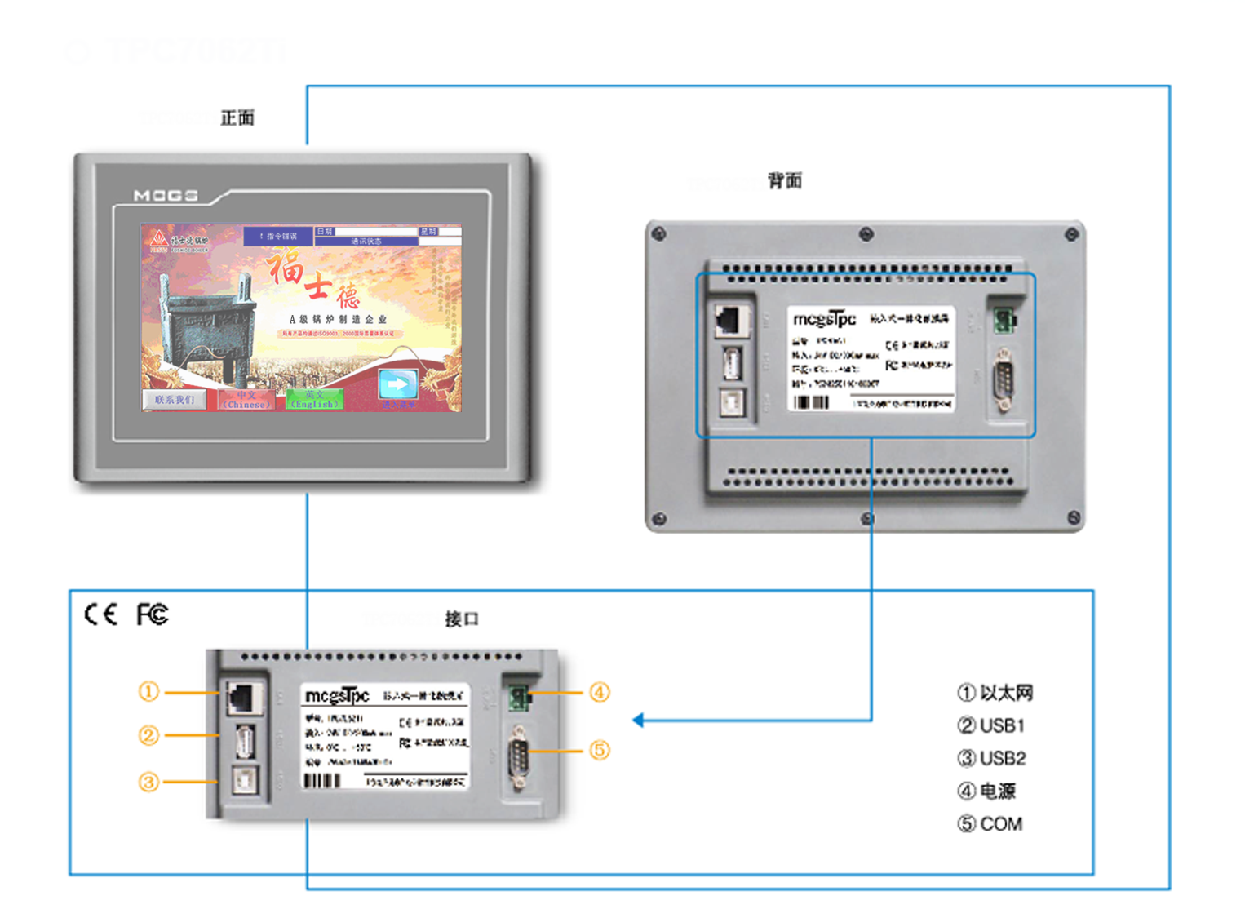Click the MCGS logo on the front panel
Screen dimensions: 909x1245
click(x=166, y=196)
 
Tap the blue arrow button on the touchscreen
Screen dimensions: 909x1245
click(x=398, y=384)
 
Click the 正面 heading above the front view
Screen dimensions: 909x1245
click(x=237, y=118)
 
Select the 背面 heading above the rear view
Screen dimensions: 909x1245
click(x=785, y=181)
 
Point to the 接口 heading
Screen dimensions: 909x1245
click(x=462, y=619)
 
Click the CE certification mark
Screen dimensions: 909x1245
click(x=101, y=614)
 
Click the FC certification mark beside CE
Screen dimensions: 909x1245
click(x=153, y=614)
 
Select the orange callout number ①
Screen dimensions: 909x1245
click(x=148, y=692)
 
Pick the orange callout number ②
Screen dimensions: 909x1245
click(x=148, y=736)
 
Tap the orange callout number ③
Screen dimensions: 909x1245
click(x=148, y=783)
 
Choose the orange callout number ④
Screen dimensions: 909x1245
click(x=600, y=693)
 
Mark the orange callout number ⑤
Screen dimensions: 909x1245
click(x=600, y=750)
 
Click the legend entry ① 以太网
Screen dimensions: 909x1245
click(x=995, y=694)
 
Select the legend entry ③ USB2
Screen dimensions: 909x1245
click(x=992, y=759)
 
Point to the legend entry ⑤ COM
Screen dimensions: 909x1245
click(x=990, y=824)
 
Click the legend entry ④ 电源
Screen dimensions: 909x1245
click(x=987, y=791)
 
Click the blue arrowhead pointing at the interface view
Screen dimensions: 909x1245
click(x=639, y=720)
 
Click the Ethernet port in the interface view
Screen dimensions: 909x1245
click(x=243, y=698)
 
